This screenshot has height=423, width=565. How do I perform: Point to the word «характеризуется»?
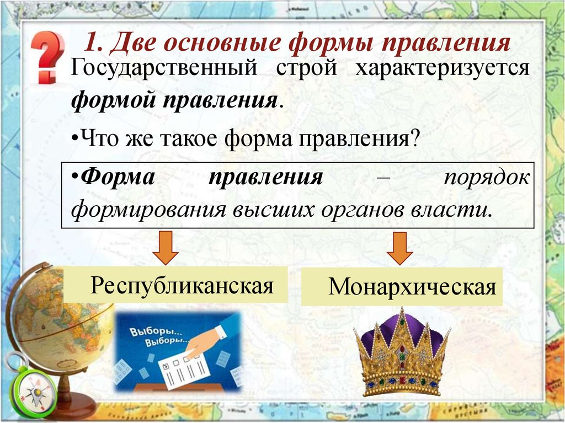point(442,69)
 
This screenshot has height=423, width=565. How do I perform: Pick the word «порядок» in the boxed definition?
point(487,179)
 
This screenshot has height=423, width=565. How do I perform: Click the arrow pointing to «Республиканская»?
point(165,249)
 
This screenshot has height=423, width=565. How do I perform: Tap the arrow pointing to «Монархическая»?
point(399,249)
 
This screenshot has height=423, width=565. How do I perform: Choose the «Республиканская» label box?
point(175,285)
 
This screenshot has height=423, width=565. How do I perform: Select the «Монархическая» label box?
point(402,287)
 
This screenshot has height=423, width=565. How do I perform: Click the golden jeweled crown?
point(401,353)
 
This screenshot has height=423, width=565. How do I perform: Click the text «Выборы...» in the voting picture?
point(148,333)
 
